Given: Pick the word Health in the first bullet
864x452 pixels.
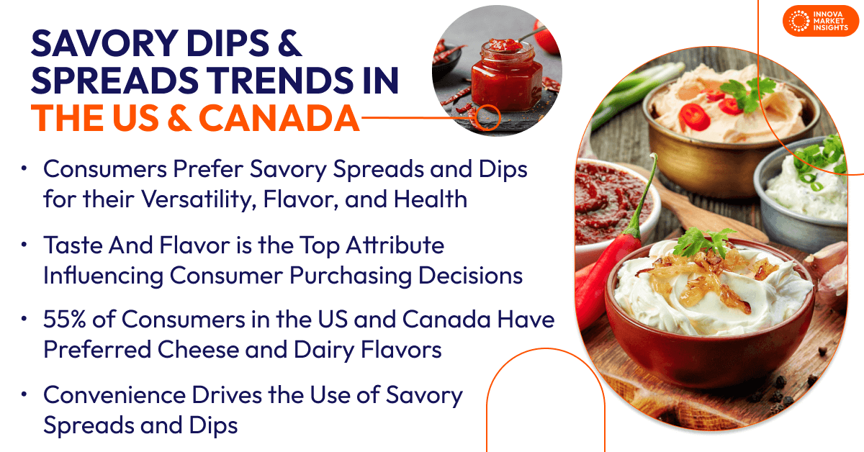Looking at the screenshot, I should (432, 199).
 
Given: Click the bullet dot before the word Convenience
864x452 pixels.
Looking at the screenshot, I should (24, 394).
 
